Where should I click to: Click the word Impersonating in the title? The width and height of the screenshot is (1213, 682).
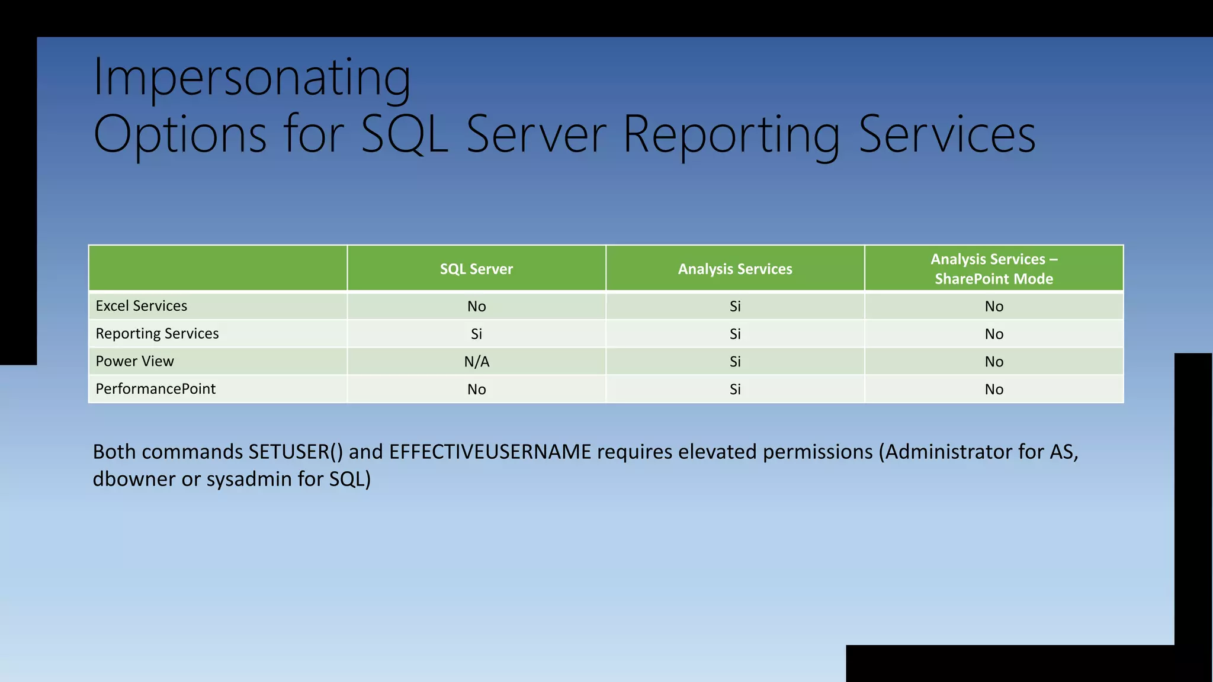pos(252,78)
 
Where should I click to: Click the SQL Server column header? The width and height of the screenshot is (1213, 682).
pos(476,269)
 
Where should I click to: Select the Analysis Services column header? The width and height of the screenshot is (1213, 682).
pos(735,269)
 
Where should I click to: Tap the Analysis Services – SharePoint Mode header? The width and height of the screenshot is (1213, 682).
pos(994,269)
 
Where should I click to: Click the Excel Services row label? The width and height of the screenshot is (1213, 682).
pos(142,306)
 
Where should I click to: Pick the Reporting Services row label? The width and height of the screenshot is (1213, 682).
pos(157,334)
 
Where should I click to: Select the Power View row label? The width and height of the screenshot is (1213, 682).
pos(134,361)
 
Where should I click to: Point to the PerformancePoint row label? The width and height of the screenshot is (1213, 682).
pos(156,389)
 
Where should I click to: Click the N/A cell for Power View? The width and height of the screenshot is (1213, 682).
pos(477,362)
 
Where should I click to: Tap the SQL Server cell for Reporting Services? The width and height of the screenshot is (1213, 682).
pos(477,334)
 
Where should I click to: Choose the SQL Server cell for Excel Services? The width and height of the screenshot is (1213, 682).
pos(477,306)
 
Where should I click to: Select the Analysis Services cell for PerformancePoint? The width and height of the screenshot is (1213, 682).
pos(735,389)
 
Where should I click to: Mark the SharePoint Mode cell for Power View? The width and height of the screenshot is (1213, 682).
pos(994,362)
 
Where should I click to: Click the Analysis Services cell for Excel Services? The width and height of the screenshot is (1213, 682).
pos(735,306)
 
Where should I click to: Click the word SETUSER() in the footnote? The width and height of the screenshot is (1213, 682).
pos(296,452)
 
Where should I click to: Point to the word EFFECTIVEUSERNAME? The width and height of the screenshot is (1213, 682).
pos(490,452)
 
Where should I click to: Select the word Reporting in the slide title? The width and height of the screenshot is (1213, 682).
pos(731,135)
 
